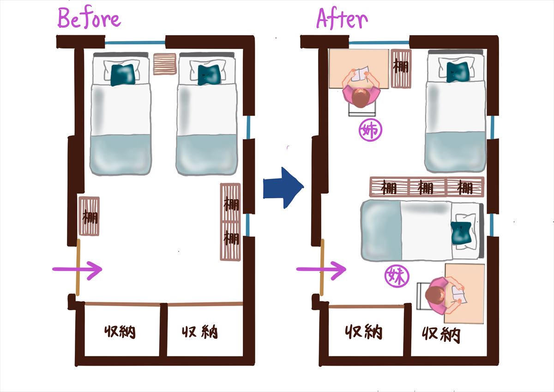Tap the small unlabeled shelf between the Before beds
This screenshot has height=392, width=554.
165,64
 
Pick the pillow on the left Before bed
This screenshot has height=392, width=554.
123,73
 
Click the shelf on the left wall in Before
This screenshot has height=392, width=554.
89,216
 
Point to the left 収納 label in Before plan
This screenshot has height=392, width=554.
120,331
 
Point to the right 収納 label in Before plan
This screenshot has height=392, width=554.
199,331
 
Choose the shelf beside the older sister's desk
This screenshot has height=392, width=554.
401,68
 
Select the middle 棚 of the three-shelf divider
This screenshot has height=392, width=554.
426,187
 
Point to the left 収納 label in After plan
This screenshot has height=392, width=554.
364,331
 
